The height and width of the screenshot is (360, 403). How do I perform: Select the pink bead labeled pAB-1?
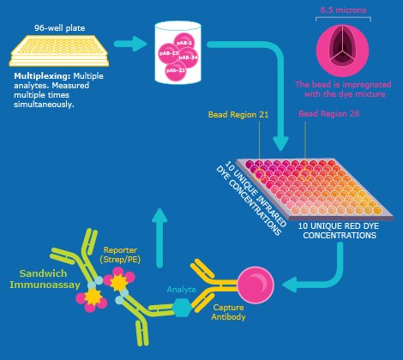coord(188,42)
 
